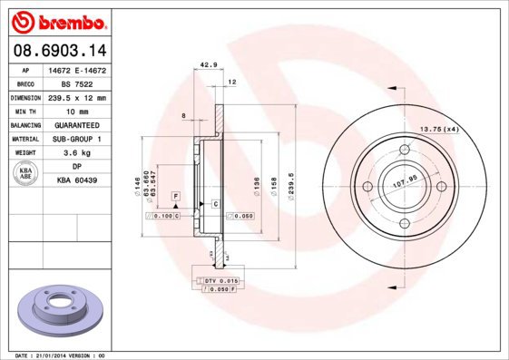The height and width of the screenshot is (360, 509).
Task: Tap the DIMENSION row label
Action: (25, 97)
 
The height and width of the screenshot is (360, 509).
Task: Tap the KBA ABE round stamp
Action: (26, 174)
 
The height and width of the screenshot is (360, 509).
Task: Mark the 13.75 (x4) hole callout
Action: (438, 130)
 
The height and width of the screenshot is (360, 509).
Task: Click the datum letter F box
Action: (175, 196)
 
